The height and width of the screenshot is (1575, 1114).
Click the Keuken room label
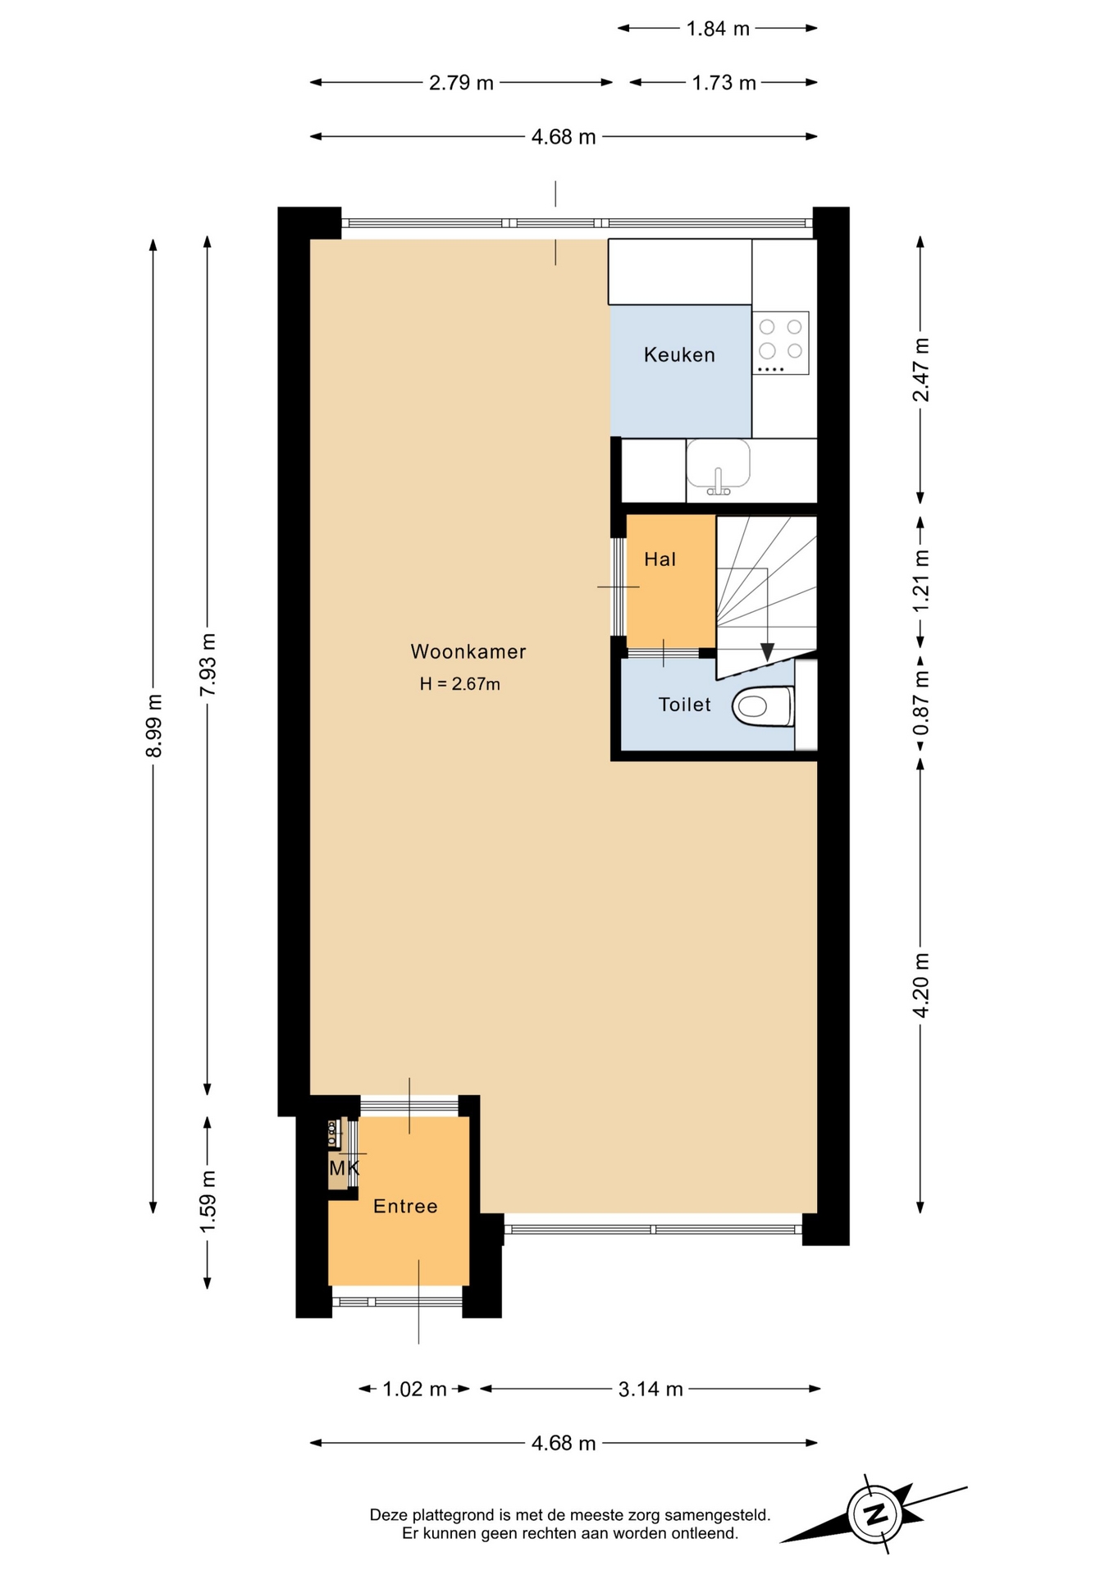point(679,355)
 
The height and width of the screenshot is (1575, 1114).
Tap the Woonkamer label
point(468,651)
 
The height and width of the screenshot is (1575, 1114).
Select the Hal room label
point(660,559)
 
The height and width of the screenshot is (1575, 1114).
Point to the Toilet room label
point(684,705)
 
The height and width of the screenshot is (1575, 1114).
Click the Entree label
point(405,1206)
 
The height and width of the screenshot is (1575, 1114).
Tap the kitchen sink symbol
point(718,468)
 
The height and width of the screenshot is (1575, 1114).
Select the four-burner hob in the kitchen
point(781,344)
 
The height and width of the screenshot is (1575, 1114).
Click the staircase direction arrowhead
point(767,652)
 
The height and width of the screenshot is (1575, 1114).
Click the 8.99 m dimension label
point(153,726)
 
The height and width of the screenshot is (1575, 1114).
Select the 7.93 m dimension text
point(208,664)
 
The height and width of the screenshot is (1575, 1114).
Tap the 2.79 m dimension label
point(461,83)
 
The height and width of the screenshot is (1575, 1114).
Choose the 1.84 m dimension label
point(718,29)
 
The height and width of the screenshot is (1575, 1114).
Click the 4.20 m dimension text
point(921,985)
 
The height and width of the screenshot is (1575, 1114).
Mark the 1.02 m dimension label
point(414,1389)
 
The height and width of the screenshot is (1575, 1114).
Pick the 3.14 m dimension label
point(651,1389)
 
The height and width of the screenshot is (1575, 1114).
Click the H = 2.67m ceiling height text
point(459,684)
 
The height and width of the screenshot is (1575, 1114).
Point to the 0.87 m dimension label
point(921,704)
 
